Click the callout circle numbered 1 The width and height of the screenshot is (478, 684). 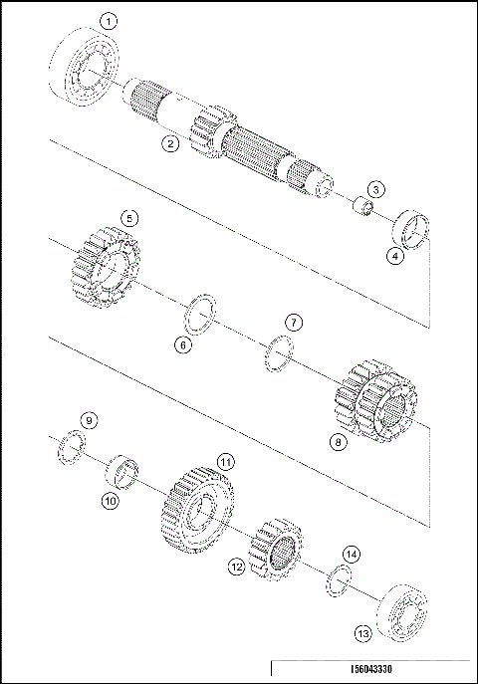109,20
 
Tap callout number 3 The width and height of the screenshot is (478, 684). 375,189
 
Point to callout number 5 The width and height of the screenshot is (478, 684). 127,217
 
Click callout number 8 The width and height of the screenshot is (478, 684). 339,440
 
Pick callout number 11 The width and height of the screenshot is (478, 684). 226,463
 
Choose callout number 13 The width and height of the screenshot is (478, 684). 361,631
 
